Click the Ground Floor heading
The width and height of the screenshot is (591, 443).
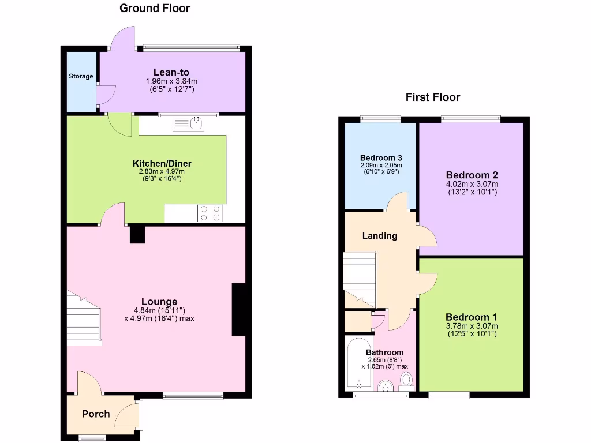(154, 8)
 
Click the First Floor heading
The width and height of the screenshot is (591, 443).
(433, 97)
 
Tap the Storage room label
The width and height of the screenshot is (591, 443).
(81, 76)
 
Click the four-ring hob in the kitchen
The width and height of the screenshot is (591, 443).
(210, 213)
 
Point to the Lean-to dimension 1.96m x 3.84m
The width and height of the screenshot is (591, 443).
(171, 81)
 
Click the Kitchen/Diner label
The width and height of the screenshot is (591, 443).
(162, 163)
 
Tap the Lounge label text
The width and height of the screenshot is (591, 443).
(159, 301)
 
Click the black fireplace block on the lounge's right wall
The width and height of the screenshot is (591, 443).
(240, 309)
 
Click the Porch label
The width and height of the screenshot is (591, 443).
(96, 414)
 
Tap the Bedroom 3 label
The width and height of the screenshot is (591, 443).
(381, 157)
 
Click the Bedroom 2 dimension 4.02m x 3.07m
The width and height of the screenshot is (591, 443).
(472, 184)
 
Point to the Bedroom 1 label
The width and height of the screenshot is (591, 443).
(471, 317)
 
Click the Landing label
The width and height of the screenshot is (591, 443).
(380, 235)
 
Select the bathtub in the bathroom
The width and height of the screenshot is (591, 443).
(359, 365)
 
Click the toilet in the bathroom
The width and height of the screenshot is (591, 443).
(407, 379)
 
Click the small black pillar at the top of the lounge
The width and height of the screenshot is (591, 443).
(137, 234)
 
